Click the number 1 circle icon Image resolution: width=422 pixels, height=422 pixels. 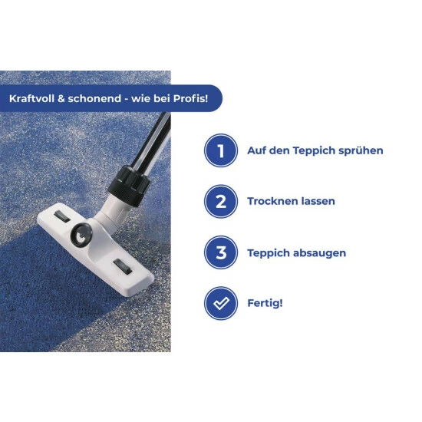click(x=221, y=150)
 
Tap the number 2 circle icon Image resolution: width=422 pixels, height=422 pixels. click(x=221, y=201)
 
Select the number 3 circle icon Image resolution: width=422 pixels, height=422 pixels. click(x=221, y=252)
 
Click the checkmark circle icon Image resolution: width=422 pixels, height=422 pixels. click(x=221, y=303)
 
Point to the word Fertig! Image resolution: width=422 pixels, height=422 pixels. click(x=265, y=303)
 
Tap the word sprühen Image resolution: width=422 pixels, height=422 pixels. click(x=361, y=151)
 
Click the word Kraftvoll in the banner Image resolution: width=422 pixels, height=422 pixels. click(x=31, y=98)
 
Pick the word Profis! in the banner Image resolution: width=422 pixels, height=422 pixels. click(x=190, y=98)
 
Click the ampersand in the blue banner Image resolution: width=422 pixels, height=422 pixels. click(x=61, y=99)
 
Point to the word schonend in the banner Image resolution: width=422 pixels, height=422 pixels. click(x=94, y=98)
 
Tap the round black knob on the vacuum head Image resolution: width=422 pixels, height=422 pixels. click(x=81, y=235)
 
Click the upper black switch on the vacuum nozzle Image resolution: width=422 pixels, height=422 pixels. click(x=62, y=216)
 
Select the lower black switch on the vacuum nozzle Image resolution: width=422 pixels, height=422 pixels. click(x=123, y=266)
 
